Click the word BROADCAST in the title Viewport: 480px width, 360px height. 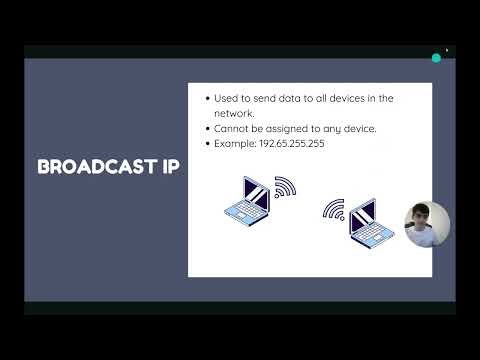[97, 166]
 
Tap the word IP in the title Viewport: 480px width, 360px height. [170, 166]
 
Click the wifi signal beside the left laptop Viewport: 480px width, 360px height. [285, 188]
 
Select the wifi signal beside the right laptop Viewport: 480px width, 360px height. [333, 211]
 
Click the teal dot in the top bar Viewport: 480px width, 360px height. [436, 58]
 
